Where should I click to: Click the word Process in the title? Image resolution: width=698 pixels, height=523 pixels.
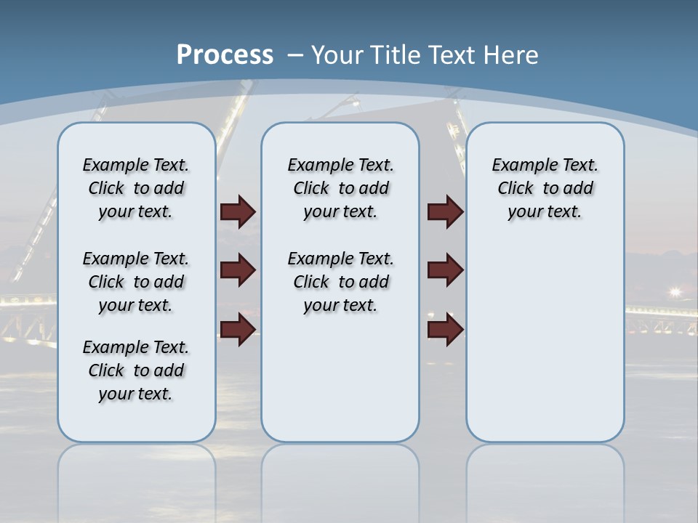(225, 54)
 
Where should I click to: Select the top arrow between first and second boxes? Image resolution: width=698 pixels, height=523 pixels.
(238, 211)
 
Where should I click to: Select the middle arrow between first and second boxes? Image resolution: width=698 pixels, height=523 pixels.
(238, 270)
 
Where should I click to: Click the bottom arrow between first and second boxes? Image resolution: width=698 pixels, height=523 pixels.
(238, 330)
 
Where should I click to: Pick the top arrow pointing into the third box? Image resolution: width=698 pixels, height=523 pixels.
(446, 211)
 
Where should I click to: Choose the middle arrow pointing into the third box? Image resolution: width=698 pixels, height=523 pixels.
(446, 270)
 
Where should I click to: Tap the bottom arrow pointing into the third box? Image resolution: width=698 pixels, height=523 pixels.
(446, 330)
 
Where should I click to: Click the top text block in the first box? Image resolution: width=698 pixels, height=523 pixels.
(136, 188)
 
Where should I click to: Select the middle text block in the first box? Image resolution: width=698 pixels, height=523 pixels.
(136, 282)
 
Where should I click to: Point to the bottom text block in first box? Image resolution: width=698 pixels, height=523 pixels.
(136, 370)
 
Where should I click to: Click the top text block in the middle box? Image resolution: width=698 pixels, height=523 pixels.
(340, 188)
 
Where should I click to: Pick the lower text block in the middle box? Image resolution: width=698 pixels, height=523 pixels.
(340, 282)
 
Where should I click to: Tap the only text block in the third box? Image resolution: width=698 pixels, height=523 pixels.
(545, 188)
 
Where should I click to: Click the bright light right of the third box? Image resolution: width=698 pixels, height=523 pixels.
(675, 292)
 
